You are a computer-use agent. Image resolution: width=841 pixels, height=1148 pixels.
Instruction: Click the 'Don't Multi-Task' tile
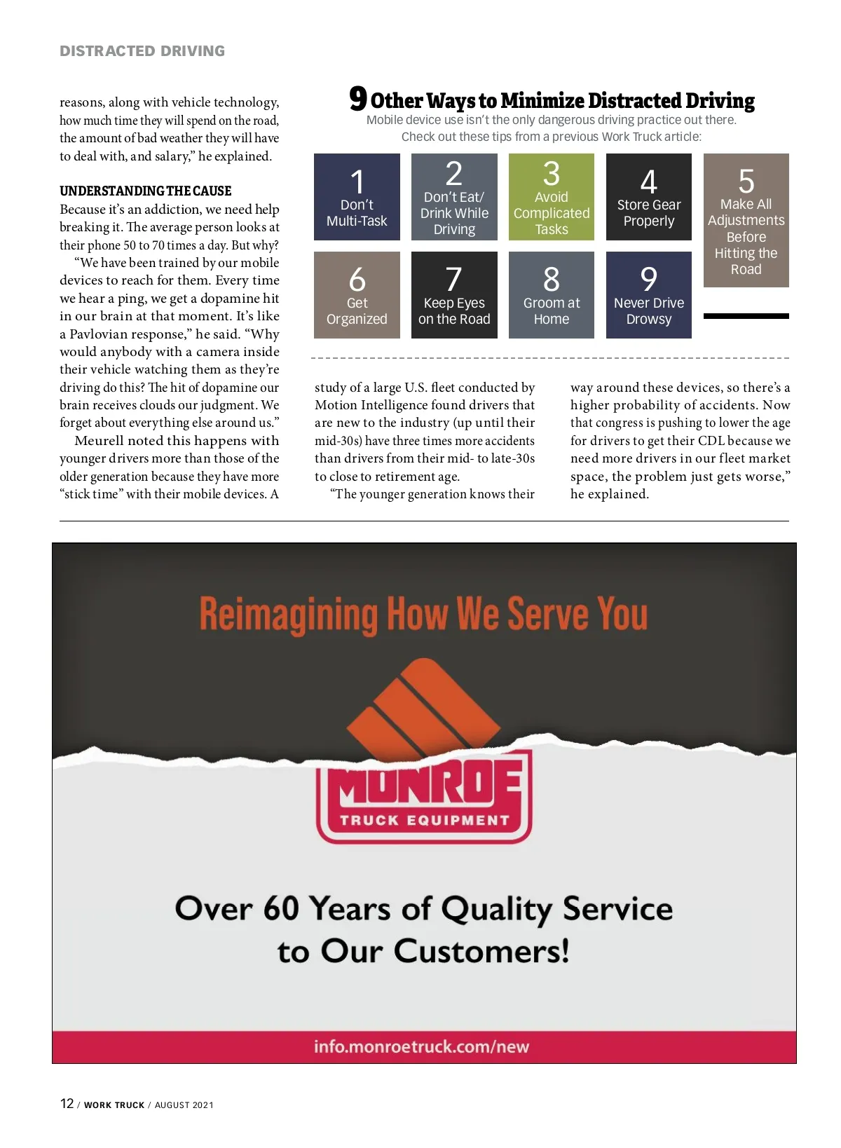click(x=357, y=197)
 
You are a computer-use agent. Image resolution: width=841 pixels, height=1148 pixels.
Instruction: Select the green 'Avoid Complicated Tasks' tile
click(x=552, y=197)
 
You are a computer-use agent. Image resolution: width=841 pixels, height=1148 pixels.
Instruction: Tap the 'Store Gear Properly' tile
click(x=648, y=197)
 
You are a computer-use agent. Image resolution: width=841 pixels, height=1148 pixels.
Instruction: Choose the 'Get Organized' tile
click(x=357, y=295)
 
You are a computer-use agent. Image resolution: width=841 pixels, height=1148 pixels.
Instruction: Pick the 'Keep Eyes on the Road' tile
click(x=454, y=295)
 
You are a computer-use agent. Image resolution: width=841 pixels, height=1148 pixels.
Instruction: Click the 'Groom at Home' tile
click(x=552, y=295)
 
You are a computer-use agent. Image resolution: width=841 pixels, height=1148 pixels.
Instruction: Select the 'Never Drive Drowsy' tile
click(x=648, y=295)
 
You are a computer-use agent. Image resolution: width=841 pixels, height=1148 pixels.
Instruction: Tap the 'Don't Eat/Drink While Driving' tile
click(x=454, y=197)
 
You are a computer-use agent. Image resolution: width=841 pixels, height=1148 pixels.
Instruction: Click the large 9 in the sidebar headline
click(x=358, y=99)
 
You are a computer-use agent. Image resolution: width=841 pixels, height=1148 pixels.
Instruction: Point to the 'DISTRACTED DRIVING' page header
click(x=142, y=51)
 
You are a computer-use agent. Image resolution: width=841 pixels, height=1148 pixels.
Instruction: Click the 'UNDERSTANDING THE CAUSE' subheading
click(x=145, y=191)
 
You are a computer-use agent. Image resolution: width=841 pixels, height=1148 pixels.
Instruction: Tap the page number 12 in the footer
click(x=67, y=1103)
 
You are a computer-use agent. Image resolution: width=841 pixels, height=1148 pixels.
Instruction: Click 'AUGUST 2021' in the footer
click(x=184, y=1105)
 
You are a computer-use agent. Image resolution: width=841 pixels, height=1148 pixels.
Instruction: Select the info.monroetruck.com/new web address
click(x=421, y=1046)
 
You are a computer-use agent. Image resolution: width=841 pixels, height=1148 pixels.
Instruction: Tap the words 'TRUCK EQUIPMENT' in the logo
click(x=425, y=820)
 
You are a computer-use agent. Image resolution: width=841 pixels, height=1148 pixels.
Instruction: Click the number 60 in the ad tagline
click(x=281, y=908)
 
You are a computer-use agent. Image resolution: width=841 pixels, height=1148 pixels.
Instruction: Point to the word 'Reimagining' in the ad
click(x=289, y=615)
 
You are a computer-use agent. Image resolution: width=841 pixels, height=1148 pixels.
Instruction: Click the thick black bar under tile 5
click(x=746, y=316)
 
